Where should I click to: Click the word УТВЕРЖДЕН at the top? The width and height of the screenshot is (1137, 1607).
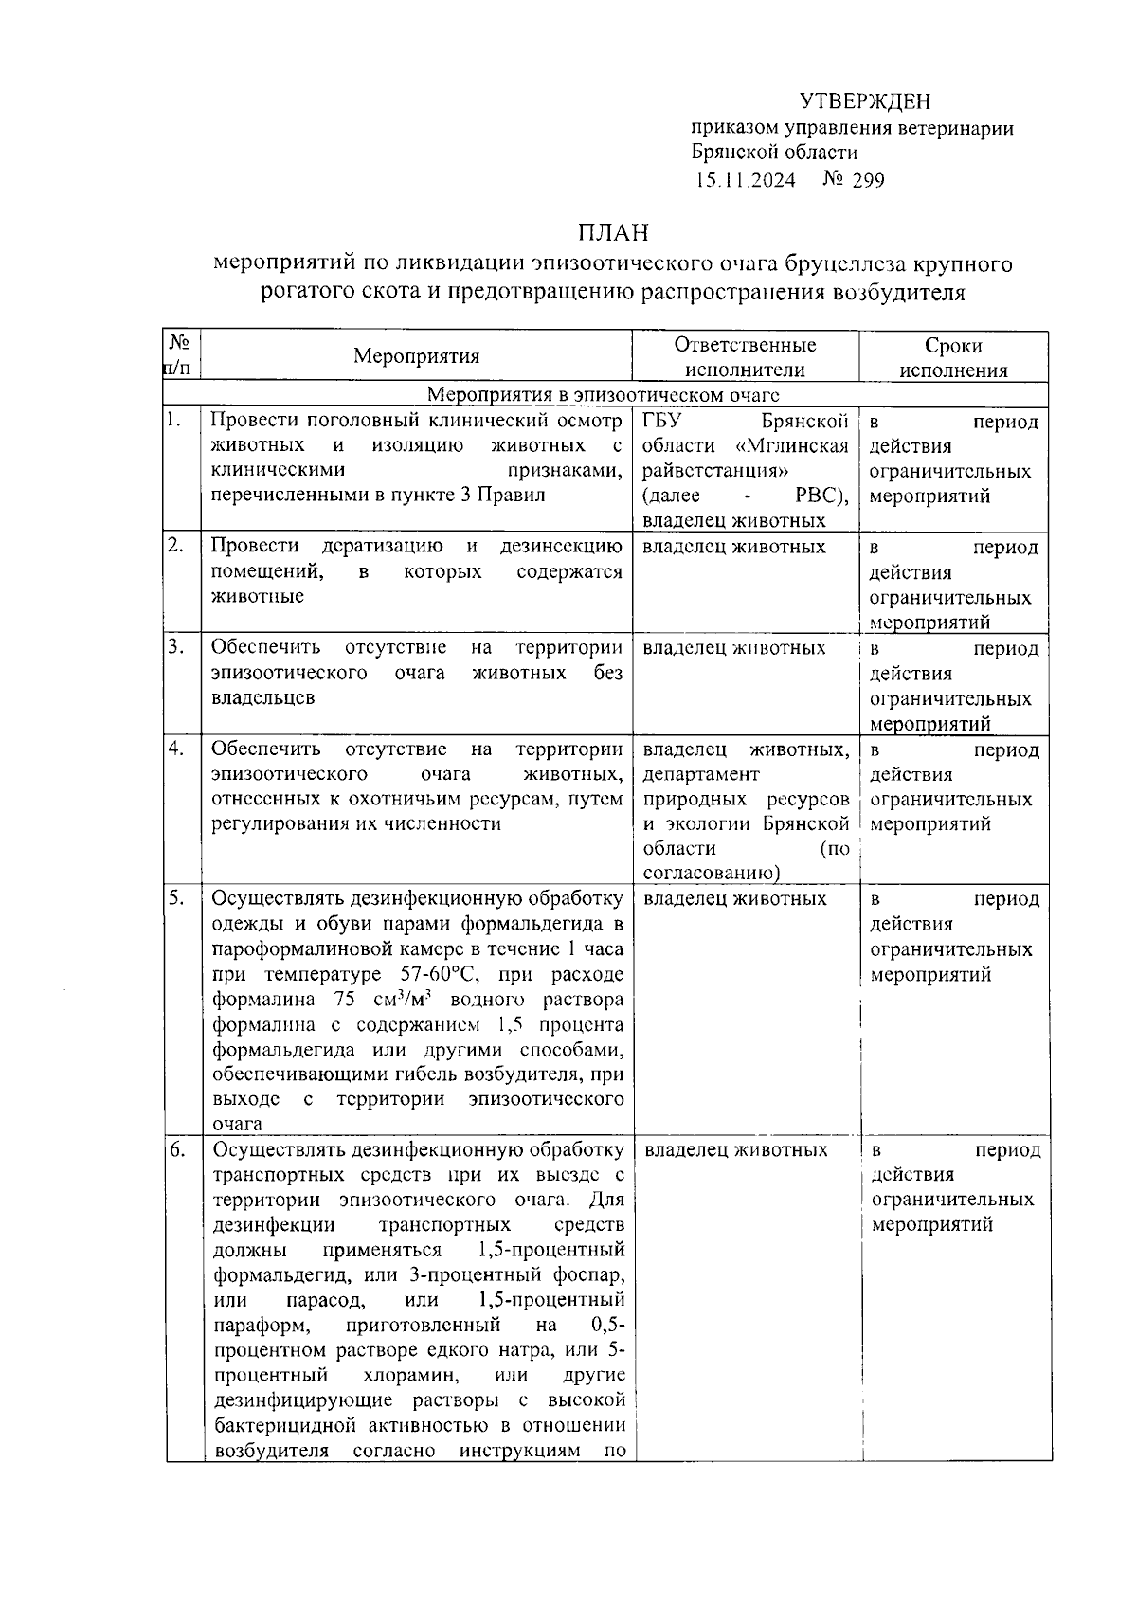(864, 101)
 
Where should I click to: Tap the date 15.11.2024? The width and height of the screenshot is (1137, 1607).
(746, 180)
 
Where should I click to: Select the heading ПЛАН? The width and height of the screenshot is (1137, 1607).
(614, 233)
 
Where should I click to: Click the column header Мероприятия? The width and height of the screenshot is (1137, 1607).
(416, 356)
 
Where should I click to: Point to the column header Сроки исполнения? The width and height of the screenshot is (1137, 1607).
(953, 357)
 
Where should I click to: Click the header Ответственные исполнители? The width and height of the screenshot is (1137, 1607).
(745, 357)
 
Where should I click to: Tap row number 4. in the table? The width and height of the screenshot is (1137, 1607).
(175, 749)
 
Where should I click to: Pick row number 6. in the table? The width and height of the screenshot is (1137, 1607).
(177, 1149)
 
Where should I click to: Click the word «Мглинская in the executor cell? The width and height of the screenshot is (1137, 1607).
(791, 446)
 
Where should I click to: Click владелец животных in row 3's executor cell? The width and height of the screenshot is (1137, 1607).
(733, 648)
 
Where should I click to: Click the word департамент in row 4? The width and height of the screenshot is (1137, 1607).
(701, 774)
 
